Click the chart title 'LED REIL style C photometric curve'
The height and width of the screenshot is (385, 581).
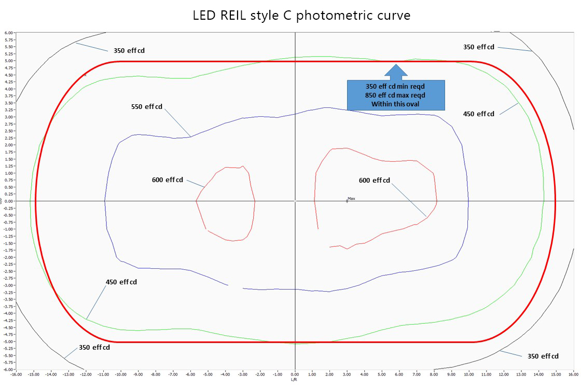coord(301,16)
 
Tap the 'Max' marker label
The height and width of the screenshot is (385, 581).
coord(351,198)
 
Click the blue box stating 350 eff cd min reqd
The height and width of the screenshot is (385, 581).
coord(396,95)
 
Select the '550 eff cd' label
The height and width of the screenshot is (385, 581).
coord(147,107)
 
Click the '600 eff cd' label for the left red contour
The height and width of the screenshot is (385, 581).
coord(167,180)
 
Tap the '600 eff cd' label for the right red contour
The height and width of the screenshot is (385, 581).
coord(374,181)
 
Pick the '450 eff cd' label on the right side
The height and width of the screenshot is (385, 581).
coord(479,114)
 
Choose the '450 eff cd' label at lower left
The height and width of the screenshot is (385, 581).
coord(121,282)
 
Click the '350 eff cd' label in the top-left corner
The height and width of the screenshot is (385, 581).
coord(129,51)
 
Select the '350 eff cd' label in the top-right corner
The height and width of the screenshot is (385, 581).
coord(479,47)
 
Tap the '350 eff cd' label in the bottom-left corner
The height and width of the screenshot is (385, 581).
coord(94,347)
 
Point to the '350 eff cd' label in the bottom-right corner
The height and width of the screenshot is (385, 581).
coord(543,356)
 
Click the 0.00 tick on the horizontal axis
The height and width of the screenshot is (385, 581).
coord(295,374)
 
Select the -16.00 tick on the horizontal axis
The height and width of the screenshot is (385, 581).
coord(17,374)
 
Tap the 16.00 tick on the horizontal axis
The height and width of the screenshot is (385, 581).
coord(573,374)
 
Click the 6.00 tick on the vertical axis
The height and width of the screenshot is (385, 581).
coord(9,33)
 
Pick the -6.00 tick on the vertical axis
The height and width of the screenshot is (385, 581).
coord(9,369)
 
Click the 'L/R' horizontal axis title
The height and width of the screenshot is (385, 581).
coord(295,379)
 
